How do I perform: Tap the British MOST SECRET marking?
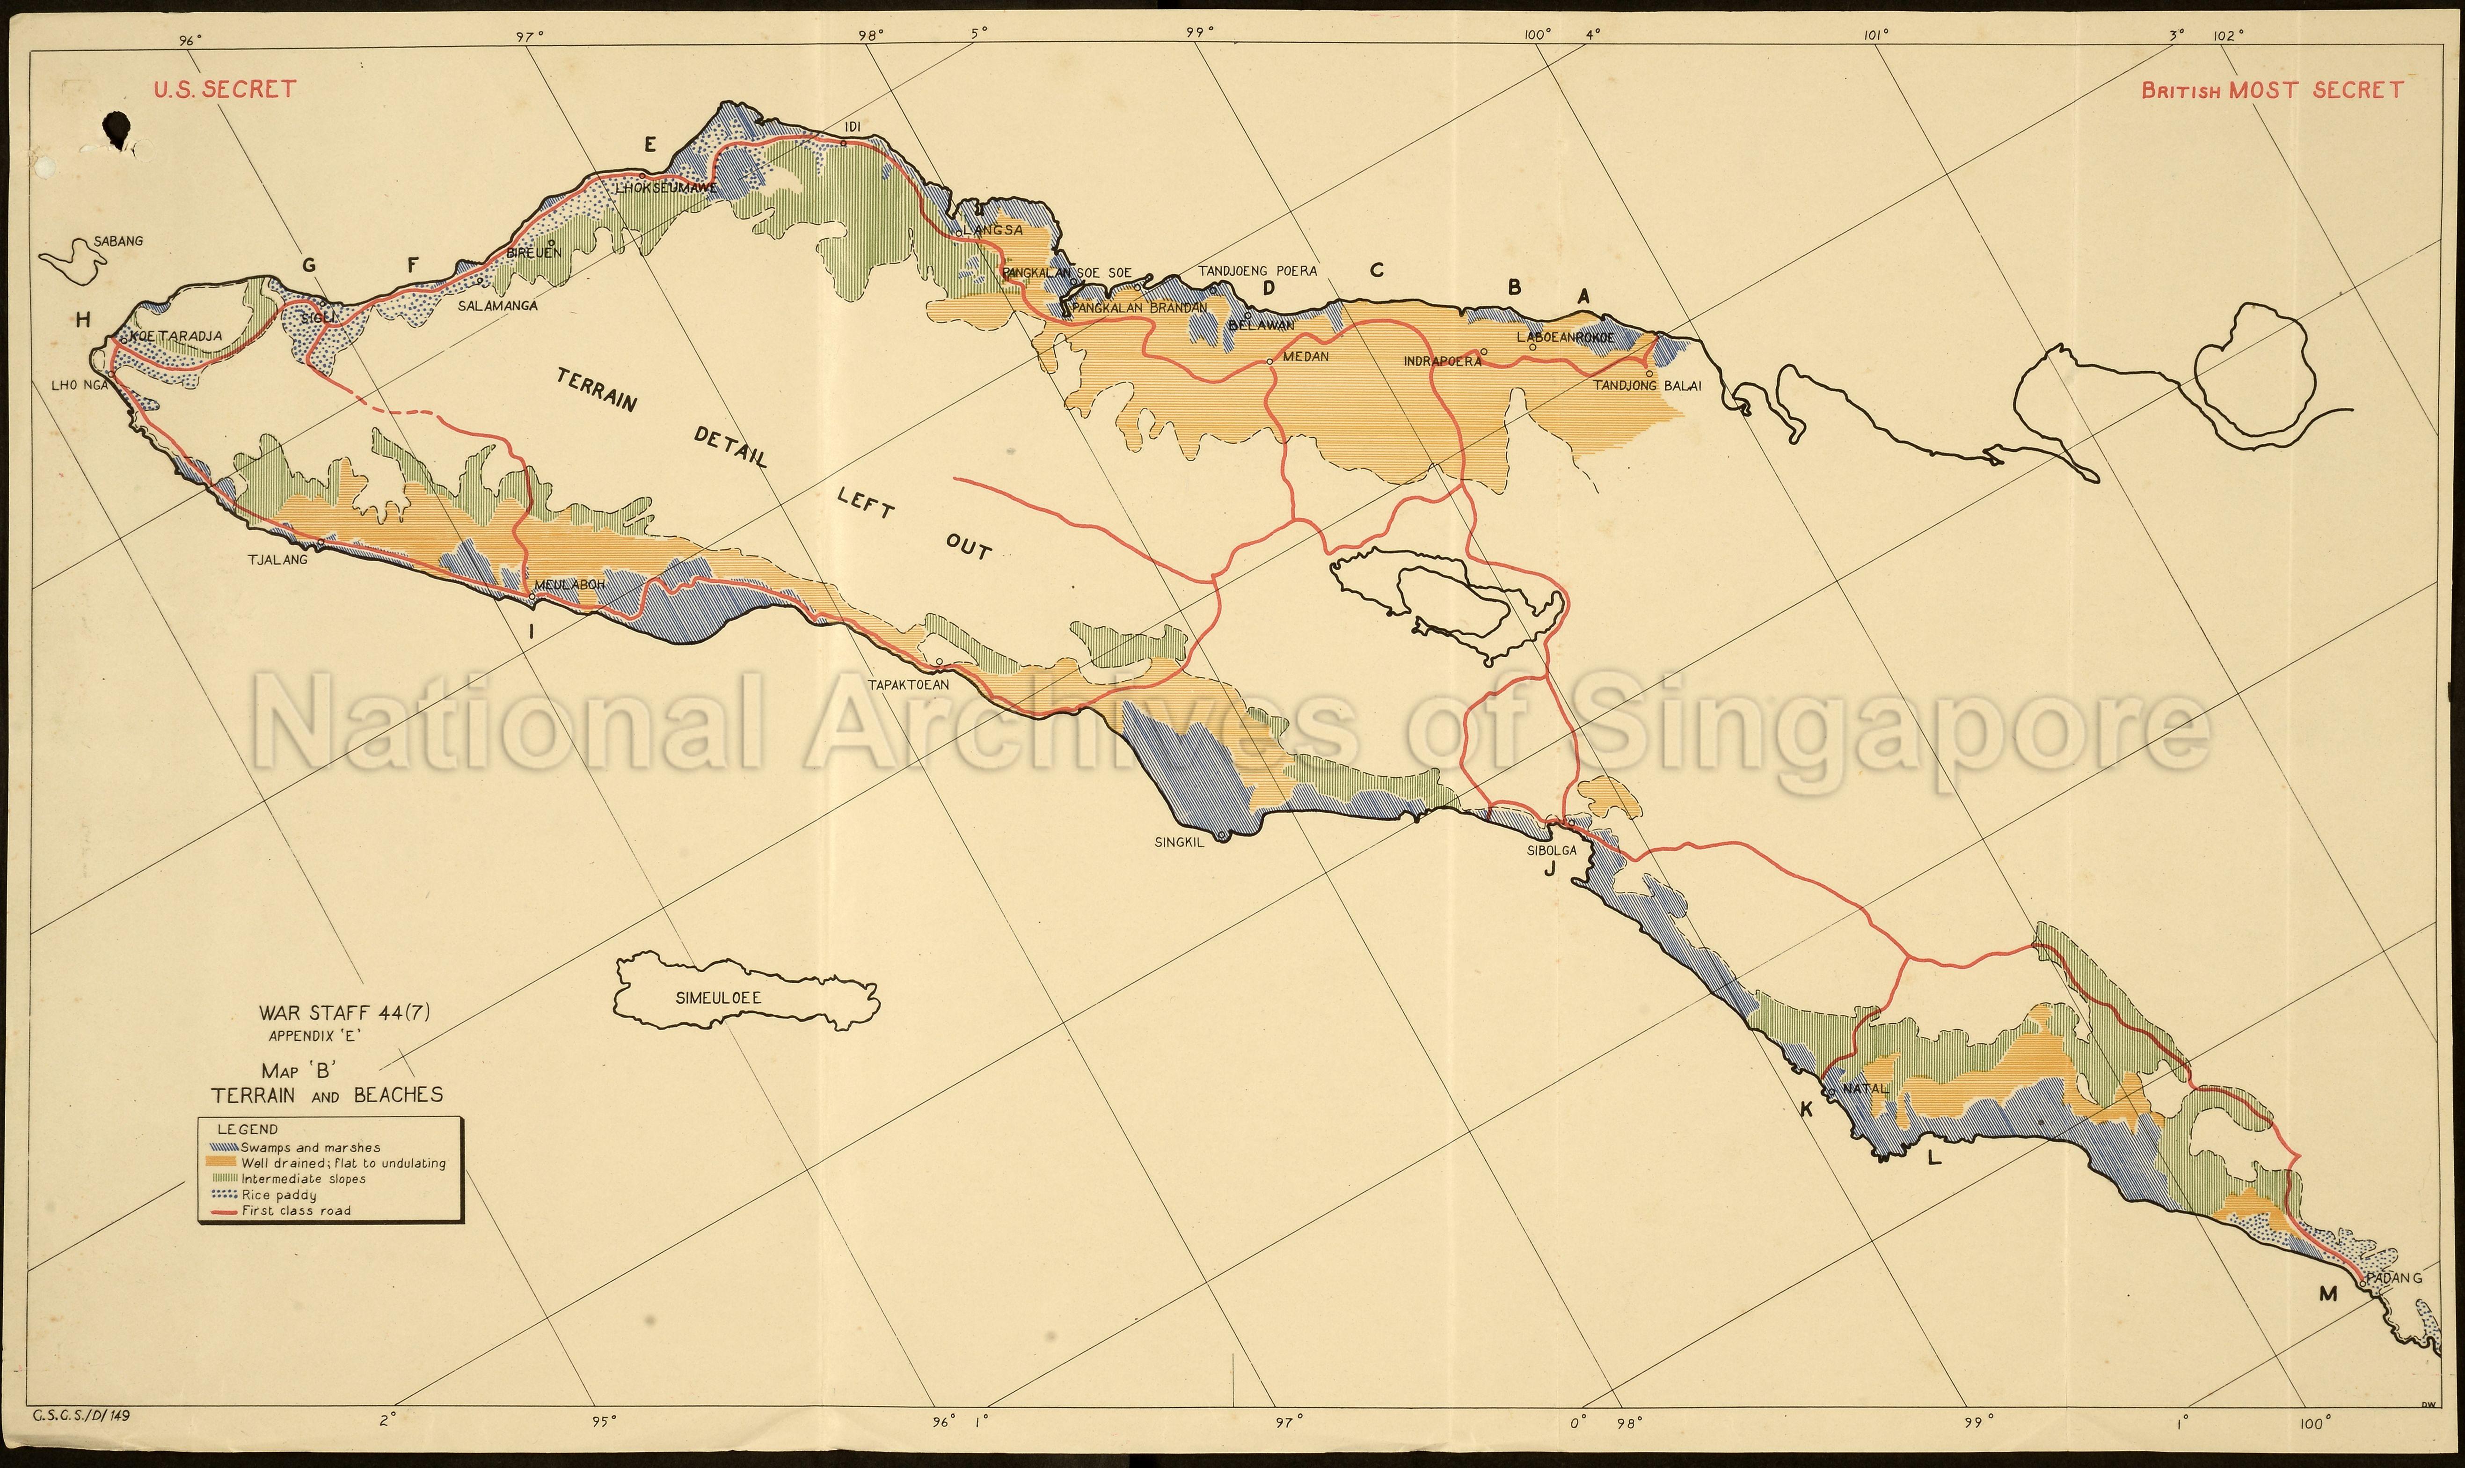[2271, 90]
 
